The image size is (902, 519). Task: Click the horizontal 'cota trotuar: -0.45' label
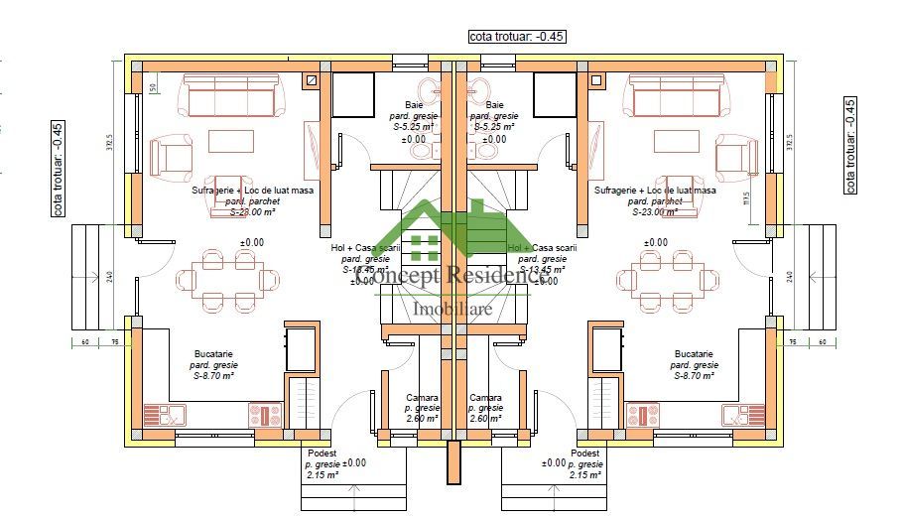tap(516, 37)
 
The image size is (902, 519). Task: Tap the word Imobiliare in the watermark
tap(451, 310)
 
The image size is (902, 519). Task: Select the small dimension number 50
tap(153, 88)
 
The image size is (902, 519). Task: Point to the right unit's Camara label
tap(485, 397)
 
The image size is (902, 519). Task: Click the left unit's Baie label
tap(414, 105)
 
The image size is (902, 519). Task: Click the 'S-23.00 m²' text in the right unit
tap(655, 211)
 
